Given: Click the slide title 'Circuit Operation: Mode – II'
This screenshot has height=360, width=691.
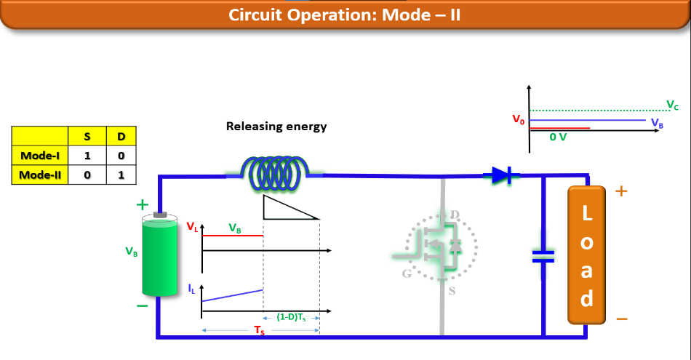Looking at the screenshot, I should coord(345,15).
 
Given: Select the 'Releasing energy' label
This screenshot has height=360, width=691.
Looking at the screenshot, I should coord(276,127).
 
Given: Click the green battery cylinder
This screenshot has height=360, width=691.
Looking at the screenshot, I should coord(160,255).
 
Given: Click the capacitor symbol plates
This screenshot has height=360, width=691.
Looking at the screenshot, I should coord(543,255).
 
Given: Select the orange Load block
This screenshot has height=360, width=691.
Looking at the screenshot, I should coord(586,255).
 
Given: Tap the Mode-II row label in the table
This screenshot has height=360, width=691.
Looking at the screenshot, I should coord(39,175).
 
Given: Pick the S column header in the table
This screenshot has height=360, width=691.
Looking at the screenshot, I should coord(87,135).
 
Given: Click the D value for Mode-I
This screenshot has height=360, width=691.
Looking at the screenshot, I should coord(121,155).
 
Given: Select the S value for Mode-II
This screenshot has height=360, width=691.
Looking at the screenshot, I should coord(87,175).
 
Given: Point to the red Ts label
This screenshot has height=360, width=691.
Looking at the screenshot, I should coord(260,330).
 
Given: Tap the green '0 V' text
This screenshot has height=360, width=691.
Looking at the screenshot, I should coord(558,137).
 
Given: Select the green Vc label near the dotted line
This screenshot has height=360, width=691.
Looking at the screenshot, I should coord(672,105).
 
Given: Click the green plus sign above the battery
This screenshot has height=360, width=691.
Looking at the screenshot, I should coord(143,205).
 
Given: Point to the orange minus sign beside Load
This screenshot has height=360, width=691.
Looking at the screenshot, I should coord(621,319).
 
